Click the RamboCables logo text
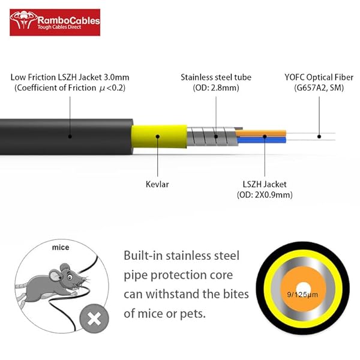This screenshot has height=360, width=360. pyautogui.click(x=67, y=20)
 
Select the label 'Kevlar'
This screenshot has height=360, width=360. pyautogui.click(x=157, y=184)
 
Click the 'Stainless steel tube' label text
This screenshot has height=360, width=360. pyautogui.click(x=216, y=77)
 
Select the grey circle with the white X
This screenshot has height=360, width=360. pyautogui.click(x=94, y=318)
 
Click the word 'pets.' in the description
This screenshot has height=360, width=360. pyautogui.click(x=223, y=313)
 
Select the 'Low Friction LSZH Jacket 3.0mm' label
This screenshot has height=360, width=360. pyautogui.click(x=70, y=77)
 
